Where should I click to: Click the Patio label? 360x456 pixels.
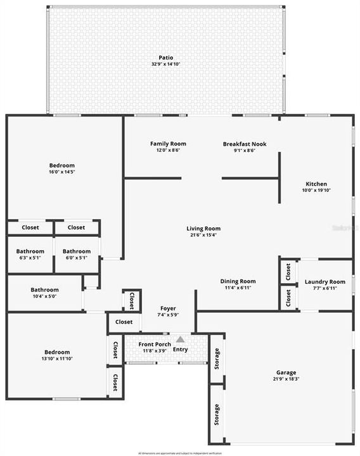[x=165, y=58]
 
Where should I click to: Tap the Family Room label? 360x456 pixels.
[x=168, y=144]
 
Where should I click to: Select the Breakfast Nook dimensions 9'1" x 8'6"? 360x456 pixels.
[x=245, y=151]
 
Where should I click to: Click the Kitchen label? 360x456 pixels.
[x=315, y=184]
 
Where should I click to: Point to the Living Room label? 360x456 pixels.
[x=203, y=229]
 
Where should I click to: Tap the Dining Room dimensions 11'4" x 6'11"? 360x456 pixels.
[x=238, y=288]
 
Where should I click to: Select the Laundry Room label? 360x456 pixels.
[x=325, y=282]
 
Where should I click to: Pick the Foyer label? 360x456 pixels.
[x=167, y=308]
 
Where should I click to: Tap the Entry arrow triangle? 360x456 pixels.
[x=181, y=339]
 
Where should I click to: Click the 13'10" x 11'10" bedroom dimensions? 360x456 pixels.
[x=57, y=359]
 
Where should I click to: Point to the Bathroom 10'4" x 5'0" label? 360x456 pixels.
[x=44, y=290]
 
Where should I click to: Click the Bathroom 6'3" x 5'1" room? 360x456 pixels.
[x=30, y=254]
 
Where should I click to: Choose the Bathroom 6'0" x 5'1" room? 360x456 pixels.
[x=77, y=254]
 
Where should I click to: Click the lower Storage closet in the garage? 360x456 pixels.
[x=216, y=415]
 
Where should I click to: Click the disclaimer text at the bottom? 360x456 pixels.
[x=179, y=453]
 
